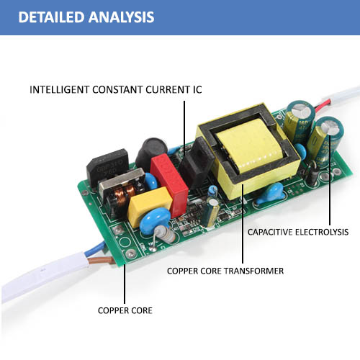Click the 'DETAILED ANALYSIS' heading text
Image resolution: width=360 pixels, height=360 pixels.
(86, 17)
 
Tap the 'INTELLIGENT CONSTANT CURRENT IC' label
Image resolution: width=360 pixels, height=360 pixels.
(116, 90)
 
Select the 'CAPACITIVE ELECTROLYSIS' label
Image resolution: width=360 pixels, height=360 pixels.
(298, 232)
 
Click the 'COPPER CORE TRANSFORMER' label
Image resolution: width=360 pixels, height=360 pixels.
(225, 271)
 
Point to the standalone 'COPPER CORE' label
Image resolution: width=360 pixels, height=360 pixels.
(125, 310)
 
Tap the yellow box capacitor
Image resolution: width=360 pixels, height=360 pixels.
(149, 206)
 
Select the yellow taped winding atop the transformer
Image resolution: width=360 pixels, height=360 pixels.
(250, 145)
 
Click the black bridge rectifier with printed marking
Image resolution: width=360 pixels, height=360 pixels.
(107, 166)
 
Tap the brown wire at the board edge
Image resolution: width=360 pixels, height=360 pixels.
(101, 260)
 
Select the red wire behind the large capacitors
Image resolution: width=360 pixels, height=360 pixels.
(322, 107)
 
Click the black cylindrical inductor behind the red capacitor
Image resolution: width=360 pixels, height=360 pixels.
(150, 151)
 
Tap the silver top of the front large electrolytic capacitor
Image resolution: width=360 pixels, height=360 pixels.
(330, 127)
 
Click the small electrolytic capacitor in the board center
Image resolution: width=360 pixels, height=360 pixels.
(212, 212)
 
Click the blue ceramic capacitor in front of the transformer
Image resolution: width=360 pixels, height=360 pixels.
(271, 194)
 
